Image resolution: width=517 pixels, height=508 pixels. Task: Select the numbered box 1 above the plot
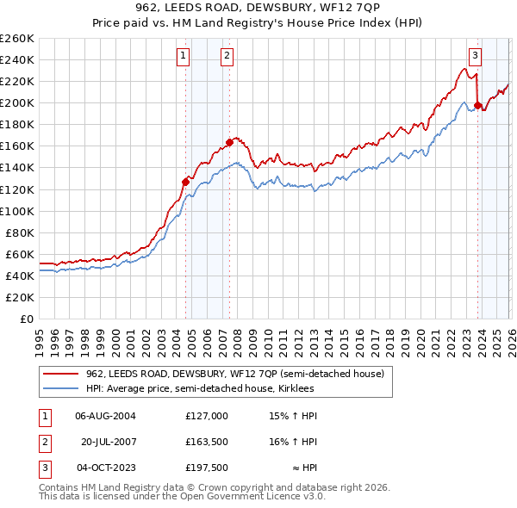(184, 57)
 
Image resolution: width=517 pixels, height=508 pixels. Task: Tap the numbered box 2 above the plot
(227, 57)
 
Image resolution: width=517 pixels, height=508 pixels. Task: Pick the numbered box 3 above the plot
(475, 57)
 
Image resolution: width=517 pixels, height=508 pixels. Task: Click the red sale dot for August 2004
(185, 182)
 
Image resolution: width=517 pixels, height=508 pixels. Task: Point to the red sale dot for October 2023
(477, 105)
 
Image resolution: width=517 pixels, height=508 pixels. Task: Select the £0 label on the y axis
(26, 319)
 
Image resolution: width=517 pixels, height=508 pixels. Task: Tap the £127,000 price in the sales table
(207, 415)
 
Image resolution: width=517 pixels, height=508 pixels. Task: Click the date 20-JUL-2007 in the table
(110, 442)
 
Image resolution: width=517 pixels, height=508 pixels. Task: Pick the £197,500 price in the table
(207, 468)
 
